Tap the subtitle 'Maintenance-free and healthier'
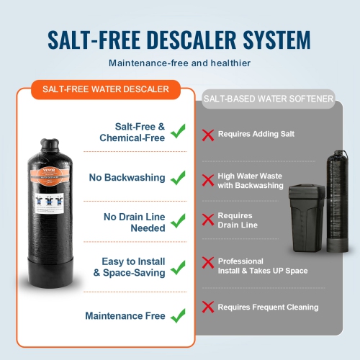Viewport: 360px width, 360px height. point(179,63)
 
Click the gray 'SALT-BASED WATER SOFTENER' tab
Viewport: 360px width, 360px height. point(269,99)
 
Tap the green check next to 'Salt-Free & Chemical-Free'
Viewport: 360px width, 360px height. point(177,132)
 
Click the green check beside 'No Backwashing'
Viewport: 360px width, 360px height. point(177,177)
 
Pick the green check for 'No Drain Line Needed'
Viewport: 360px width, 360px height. point(177,222)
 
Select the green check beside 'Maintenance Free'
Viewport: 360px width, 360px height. point(177,315)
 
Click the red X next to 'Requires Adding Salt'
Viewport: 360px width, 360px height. point(209,134)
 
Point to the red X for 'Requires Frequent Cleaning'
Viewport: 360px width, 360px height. point(209,307)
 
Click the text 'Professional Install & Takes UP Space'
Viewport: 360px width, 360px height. point(263,266)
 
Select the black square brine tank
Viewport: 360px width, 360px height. point(310,216)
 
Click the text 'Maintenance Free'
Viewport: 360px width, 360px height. point(125,315)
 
